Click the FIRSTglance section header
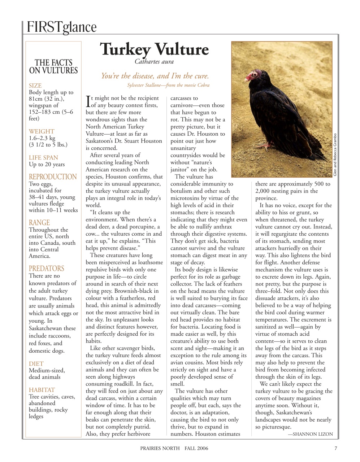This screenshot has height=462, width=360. (x=61, y=27)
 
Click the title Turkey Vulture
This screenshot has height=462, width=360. (x=154, y=49)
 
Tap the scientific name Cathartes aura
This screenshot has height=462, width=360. (x=154, y=61)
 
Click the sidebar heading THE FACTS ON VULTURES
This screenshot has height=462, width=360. (x=53, y=67)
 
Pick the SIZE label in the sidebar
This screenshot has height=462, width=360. (x=35, y=86)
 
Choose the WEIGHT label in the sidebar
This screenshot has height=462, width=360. (x=42, y=131)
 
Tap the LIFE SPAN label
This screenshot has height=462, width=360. (x=43, y=158)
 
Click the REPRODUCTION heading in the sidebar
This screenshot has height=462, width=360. (x=53, y=177)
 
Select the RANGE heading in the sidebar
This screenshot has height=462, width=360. (x=39, y=223)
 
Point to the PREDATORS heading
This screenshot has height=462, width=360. (x=46, y=269)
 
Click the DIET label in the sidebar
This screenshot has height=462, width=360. (x=36, y=364)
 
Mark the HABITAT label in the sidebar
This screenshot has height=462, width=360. (x=42, y=390)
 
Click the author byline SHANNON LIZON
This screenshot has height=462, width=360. (x=310, y=434)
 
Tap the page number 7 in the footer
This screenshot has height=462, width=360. (x=335, y=449)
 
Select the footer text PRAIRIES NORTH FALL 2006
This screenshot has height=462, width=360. (x=174, y=449)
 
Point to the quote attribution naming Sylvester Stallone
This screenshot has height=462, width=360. (x=168, y=85)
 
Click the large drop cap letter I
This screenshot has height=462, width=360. (x=88, y=101)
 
